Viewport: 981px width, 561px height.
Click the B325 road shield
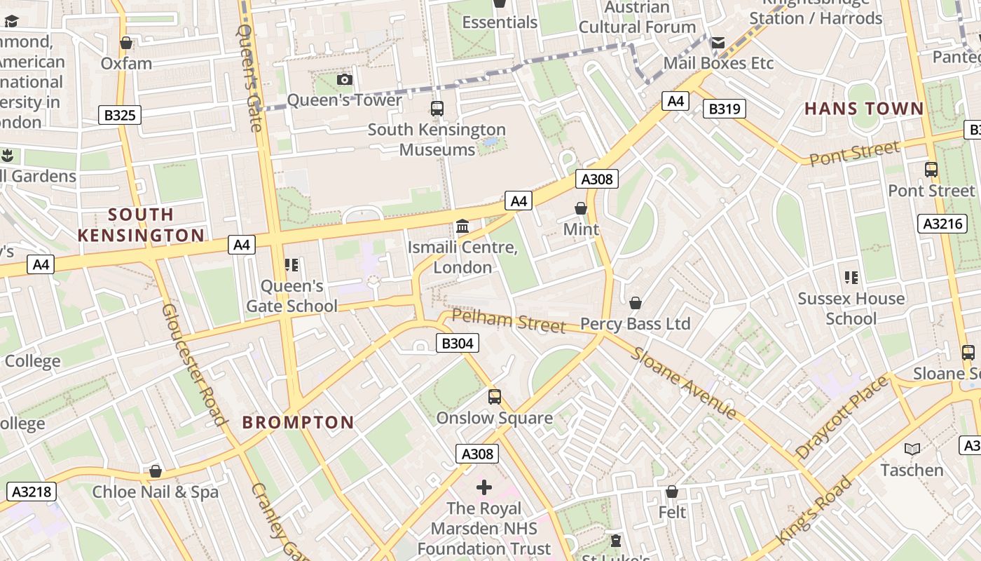tap(120, 115)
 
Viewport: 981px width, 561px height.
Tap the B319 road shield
tap(724, 109)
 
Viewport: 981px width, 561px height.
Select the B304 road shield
tap(458, 343)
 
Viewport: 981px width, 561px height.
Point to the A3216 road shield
tap(942, 224)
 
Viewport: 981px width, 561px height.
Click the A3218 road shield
tap(31, 492)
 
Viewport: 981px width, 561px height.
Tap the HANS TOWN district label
tap(864, 109)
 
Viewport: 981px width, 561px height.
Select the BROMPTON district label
tap(299, 422)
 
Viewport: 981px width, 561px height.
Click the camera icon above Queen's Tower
tap(344, 79)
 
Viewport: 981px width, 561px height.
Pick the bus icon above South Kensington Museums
tap(437, 109)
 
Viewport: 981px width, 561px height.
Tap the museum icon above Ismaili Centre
tap(462, 227)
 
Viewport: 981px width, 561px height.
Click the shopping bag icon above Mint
tap(581, 208)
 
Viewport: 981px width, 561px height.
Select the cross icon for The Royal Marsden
tap(484, 487)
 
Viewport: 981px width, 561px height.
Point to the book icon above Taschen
tap(912, 449)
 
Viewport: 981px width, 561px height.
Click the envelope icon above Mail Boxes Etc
tap(718, 43)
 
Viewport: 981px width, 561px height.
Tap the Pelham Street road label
tap(508, 321)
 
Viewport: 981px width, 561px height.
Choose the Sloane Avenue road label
tap(682, 382)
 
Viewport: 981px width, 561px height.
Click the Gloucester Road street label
tap(194, 365)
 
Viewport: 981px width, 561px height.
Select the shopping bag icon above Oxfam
tap(126, 43)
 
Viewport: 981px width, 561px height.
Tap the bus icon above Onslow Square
tap(495, 397)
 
